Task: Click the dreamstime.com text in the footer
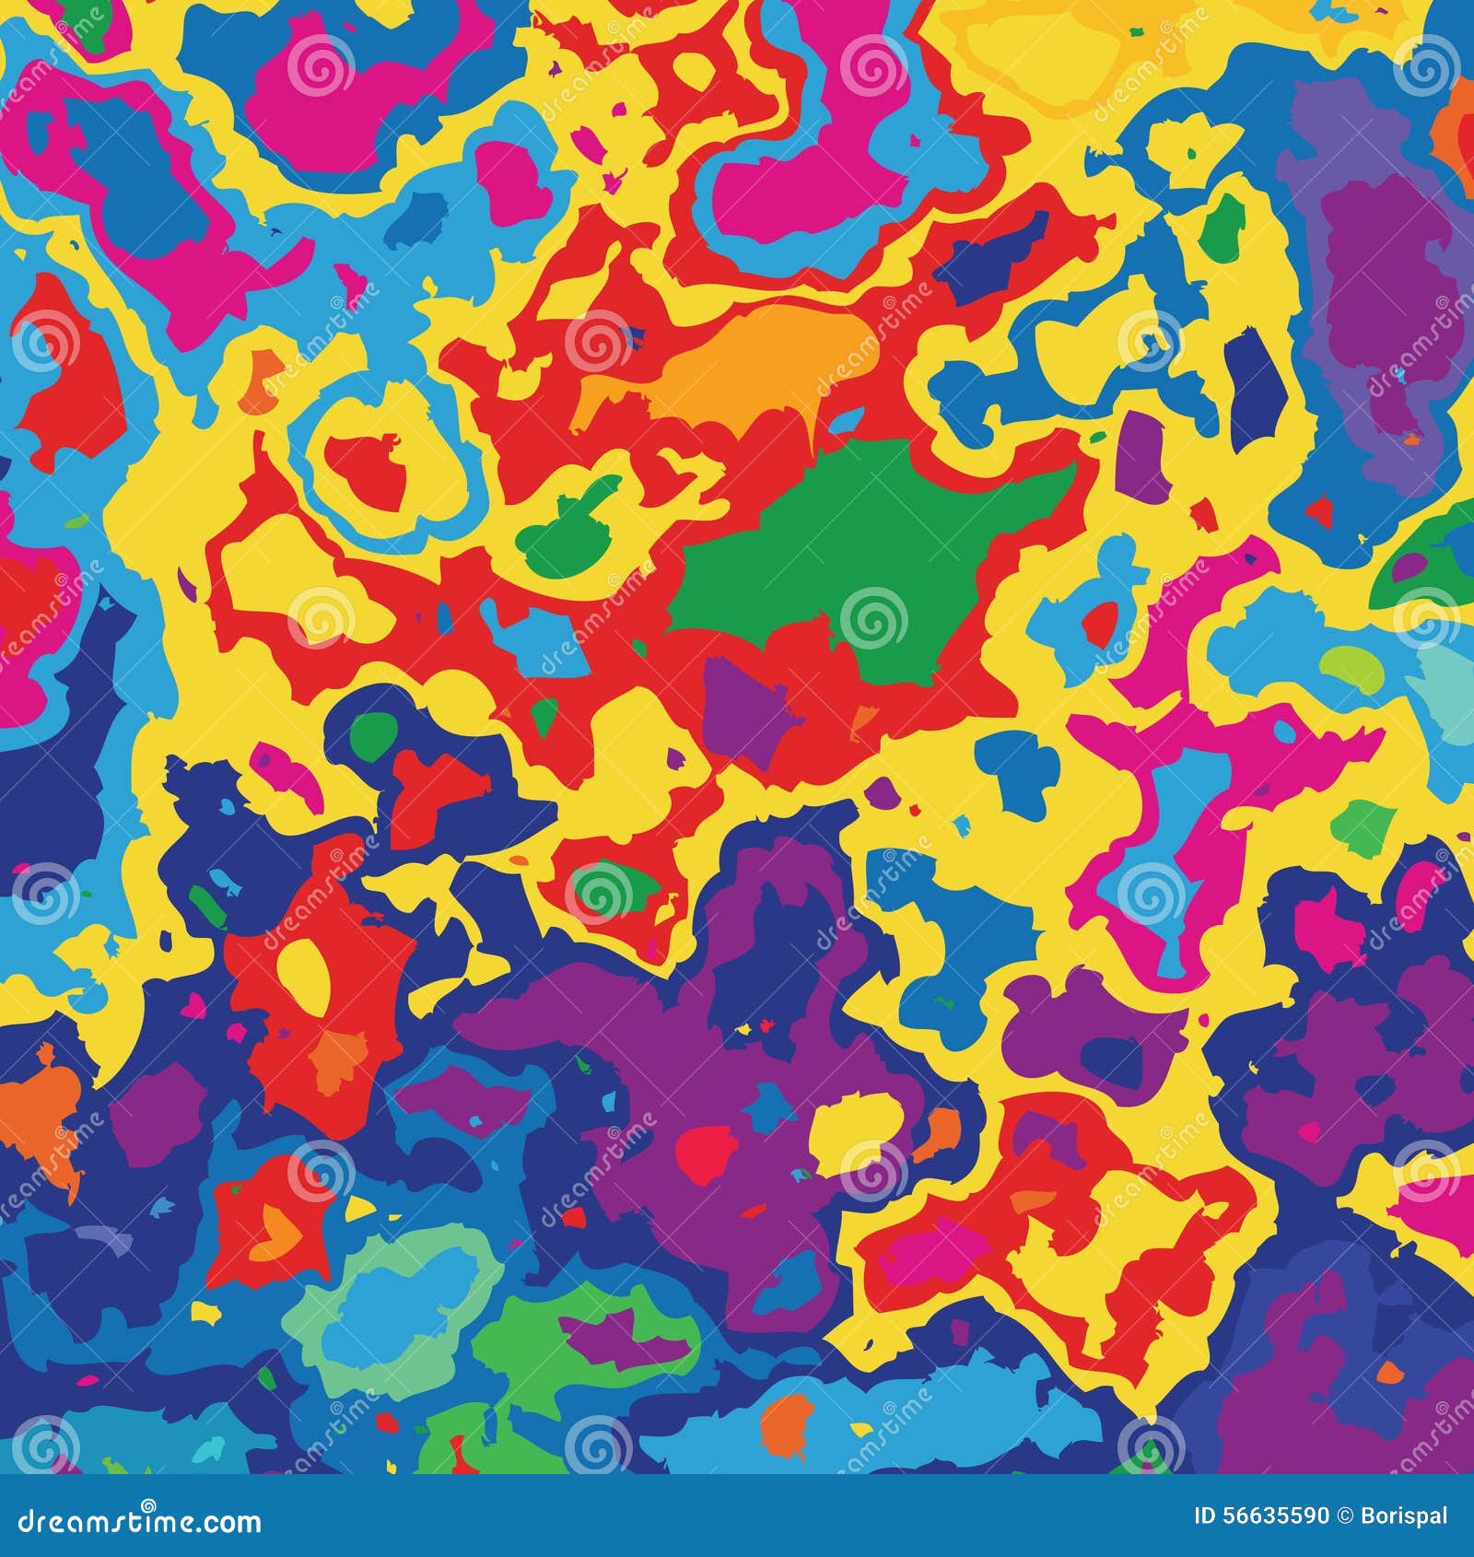point(131,1521)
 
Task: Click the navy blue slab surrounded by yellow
point(1255,378)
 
